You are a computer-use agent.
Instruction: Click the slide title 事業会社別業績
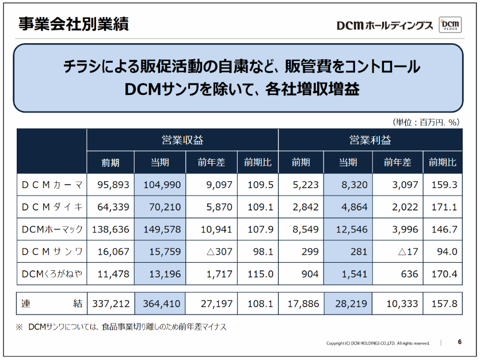(73, 25)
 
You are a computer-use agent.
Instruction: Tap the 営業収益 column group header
(182, 140)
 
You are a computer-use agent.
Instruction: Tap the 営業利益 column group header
(370, 140)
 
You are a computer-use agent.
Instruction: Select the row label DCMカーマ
(52, 185)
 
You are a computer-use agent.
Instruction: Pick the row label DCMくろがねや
(52, 274)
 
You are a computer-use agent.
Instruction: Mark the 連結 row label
(52, 303)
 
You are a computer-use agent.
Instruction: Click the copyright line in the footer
(378, 343)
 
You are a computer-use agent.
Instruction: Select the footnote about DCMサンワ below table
(121, 327)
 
